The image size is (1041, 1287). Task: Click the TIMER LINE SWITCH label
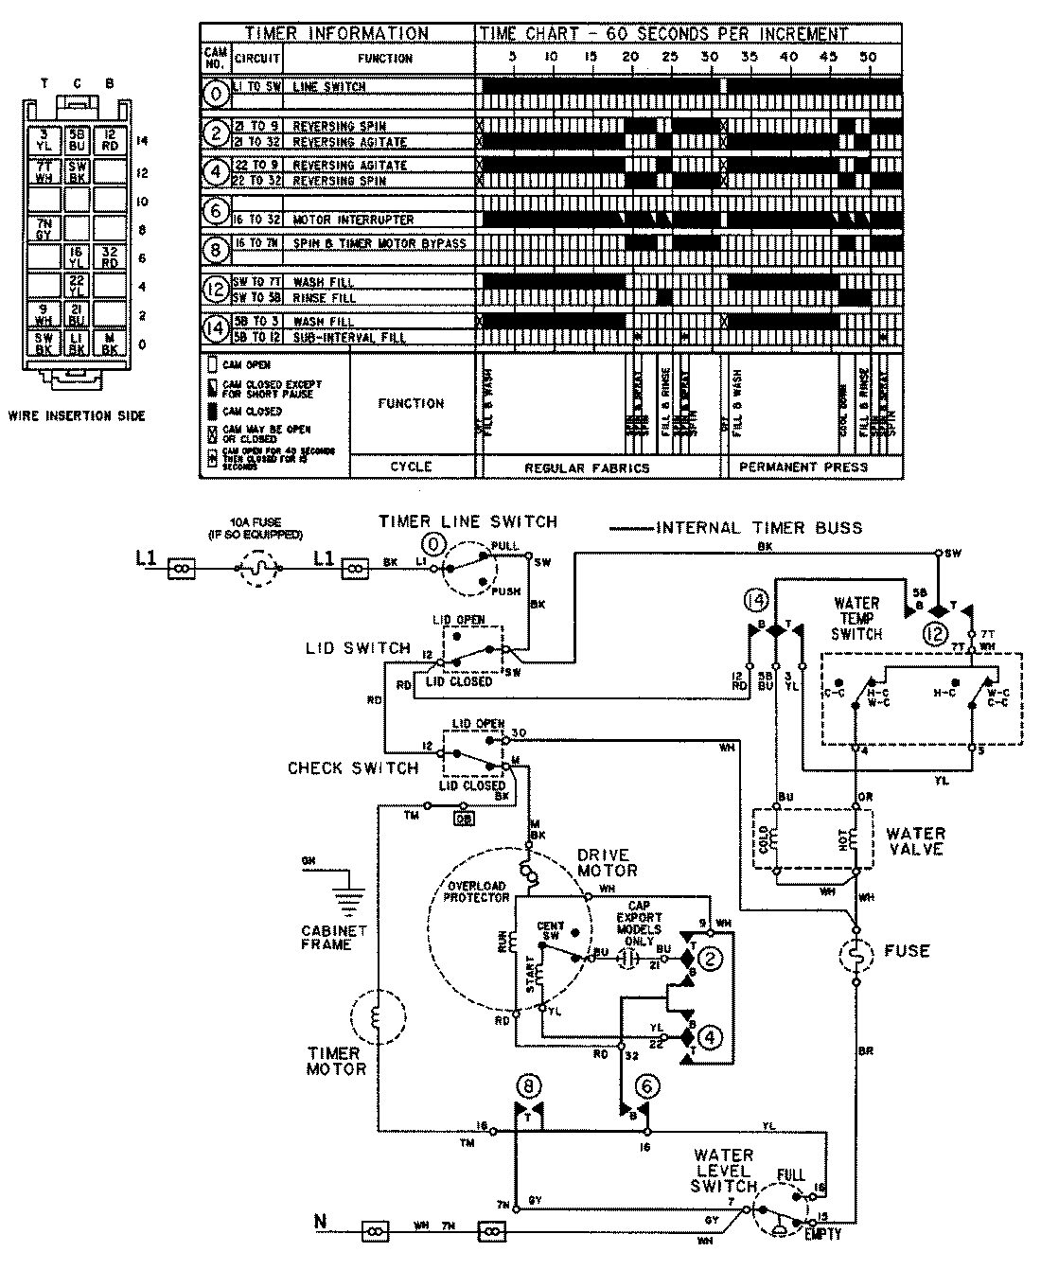click(x=468, y=521)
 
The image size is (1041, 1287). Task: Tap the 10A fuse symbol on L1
click(x=256, y=569)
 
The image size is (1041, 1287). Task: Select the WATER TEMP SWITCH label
click(x=856, y=618)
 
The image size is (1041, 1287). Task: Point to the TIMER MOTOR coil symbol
click(x=376, y=1017)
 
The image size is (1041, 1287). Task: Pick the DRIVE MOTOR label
click(x=607, y=863)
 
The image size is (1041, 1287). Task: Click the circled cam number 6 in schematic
click(x=645, y=1086)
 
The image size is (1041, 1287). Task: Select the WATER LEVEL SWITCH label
click(x=724, y=1171)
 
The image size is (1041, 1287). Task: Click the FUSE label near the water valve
click(x=906, y=950)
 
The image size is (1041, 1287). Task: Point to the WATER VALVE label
click(x=915, y=841)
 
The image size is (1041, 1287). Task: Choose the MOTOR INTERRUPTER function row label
click(x=353, y=220)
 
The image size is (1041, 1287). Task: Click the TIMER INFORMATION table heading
click(x=337, y=33)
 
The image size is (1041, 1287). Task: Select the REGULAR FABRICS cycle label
click(x=587, y=467)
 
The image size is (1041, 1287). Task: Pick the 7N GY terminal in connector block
click(x=44, y=228)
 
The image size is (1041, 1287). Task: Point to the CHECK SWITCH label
click(x=353, y=767)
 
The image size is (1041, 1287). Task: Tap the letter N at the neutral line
click(x=320, y=1222)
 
